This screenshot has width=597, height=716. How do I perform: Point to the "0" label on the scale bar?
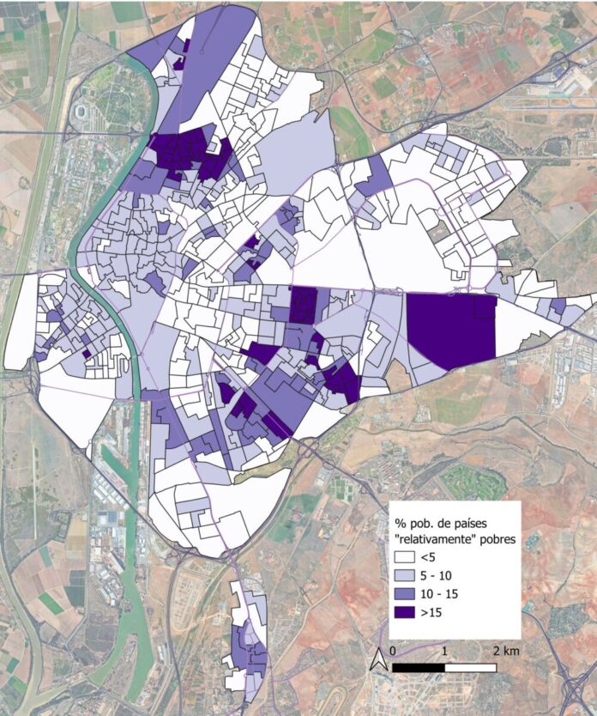pos(392,650)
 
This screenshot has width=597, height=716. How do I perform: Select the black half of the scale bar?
pos(418,667)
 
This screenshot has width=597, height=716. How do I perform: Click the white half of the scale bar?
pos(470,667)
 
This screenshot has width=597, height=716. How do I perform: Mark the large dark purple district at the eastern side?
pos(451,328)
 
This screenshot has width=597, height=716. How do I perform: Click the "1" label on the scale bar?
pos(444,650)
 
